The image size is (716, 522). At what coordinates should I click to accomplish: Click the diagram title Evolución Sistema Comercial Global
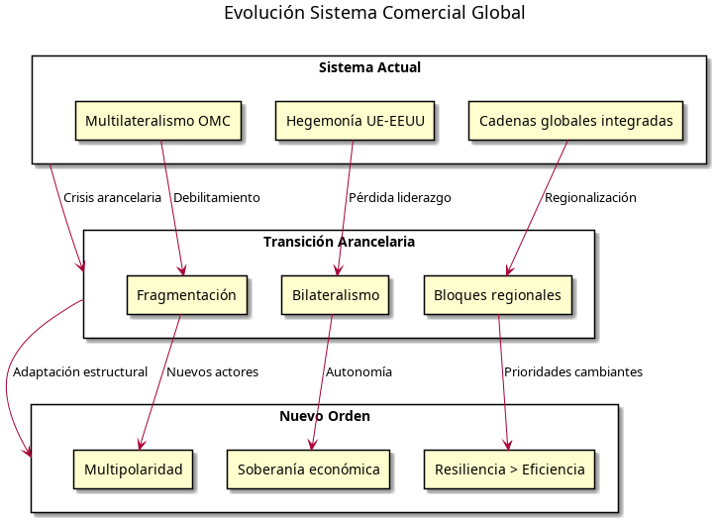373,13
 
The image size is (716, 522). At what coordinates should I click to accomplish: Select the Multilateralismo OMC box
158,121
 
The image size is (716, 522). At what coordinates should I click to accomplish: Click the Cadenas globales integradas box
575,121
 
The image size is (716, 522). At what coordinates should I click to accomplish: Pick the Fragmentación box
186,295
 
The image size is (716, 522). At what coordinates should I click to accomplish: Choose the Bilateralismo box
336,295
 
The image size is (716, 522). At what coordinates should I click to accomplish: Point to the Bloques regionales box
497,295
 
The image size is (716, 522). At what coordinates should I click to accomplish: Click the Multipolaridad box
134,470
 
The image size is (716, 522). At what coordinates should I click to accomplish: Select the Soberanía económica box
309,470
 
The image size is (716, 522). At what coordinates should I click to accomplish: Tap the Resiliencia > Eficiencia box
510,470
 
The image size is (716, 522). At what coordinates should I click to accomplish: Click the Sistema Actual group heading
369,68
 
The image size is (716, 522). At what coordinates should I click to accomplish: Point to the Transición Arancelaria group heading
339,242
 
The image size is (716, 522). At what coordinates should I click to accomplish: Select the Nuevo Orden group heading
325,416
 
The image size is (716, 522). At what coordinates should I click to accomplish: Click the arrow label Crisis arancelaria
112,198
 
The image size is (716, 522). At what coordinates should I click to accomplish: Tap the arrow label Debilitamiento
216,198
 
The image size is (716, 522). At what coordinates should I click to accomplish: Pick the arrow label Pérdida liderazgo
399,198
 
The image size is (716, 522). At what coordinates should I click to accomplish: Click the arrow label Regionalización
590,198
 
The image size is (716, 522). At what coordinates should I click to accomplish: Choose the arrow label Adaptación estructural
80,372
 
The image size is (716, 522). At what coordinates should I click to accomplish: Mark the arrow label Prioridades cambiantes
572,372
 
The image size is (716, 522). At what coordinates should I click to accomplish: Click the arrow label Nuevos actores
212,372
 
